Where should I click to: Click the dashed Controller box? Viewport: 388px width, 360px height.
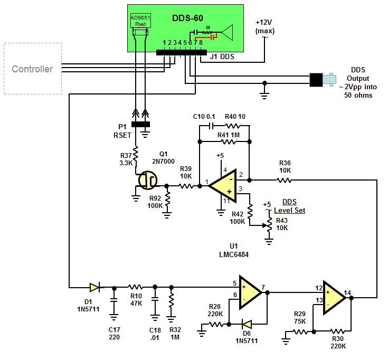point(33,69)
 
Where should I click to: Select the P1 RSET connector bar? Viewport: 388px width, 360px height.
point(140,125)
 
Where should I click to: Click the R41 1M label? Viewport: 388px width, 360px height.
point(228,135)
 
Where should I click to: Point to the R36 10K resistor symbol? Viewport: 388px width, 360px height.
point(285,180)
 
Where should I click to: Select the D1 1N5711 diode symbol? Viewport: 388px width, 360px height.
point(94,287)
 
